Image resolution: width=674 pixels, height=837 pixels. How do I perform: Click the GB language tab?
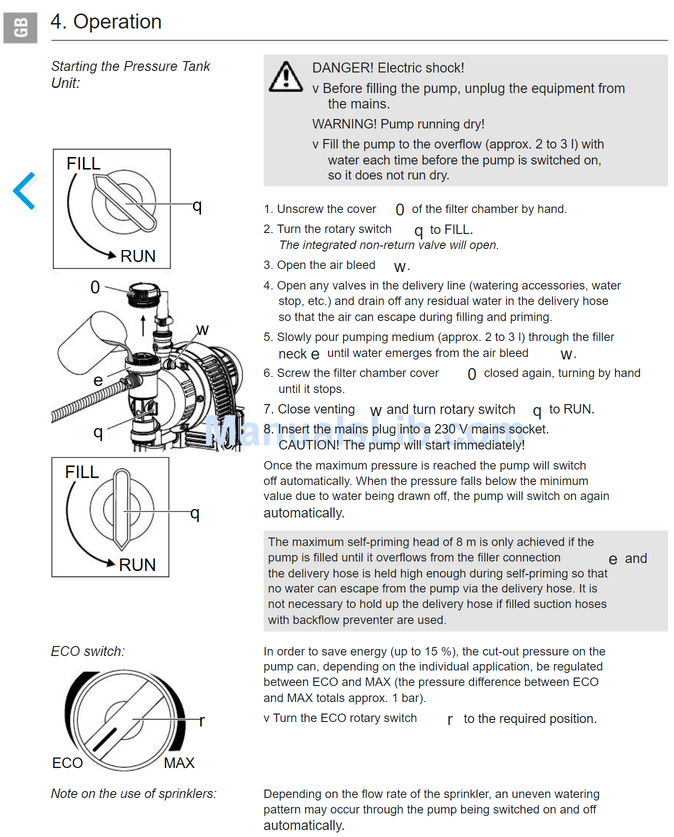coord(20,27)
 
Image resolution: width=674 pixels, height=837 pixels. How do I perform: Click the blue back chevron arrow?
coord(24,190)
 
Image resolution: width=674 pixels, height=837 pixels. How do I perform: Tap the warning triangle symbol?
coord(285,77)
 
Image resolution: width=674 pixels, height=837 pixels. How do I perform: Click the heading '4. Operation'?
coord(106,22)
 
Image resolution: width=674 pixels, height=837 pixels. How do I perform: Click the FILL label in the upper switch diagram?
coord(83,163)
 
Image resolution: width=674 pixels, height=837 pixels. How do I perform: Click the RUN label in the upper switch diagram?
coord(138,256)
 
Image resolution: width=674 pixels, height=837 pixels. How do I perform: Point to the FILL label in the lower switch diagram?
coord(82,472)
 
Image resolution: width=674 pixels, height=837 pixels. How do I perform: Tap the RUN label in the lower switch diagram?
coord(137,564)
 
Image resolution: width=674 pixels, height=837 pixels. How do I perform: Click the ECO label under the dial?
coord(67,762)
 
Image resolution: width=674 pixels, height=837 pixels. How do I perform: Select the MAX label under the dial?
coord(179,762)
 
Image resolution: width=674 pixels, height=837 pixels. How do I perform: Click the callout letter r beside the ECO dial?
coord(201,720)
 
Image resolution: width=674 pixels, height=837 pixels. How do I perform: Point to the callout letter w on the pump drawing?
coord(202,329)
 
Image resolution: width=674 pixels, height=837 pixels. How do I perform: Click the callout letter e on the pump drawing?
coord(98,380)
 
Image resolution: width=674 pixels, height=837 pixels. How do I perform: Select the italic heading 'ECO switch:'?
coord(88,651)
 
